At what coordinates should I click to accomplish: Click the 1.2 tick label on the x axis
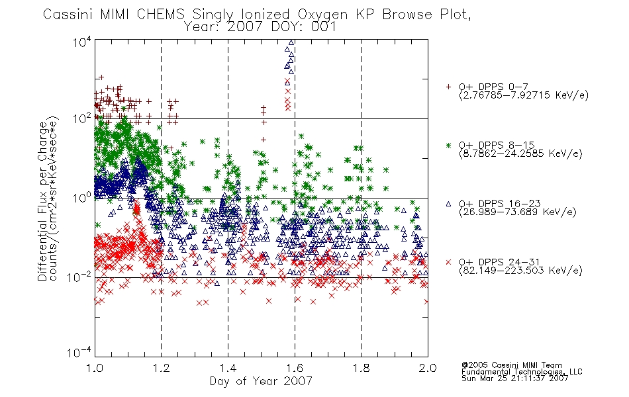point(162,368)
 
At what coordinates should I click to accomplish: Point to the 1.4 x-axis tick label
point(228,368)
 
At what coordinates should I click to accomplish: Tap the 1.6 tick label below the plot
point(295,368)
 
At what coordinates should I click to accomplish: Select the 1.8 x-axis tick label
point(361,368)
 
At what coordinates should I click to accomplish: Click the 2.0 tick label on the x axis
point(428,368)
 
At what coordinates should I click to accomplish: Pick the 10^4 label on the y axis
point(82,42)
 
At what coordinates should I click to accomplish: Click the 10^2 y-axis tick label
point(82,118)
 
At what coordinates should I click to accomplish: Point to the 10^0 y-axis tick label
point(82,198)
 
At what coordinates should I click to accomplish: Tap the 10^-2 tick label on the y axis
point(79,277)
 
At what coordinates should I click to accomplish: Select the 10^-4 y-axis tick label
point(79,352)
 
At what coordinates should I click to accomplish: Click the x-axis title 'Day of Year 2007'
point(261,381)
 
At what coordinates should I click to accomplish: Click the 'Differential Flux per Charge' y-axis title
point(43,201)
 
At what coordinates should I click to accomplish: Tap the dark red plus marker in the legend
point(448,87)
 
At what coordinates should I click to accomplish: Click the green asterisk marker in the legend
point(448,145)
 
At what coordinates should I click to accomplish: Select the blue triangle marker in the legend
point(448,204)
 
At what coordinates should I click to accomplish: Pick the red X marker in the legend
point(448,262)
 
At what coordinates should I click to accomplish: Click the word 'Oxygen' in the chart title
point(322,15)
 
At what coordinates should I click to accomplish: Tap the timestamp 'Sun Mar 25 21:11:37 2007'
point(514,378)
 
